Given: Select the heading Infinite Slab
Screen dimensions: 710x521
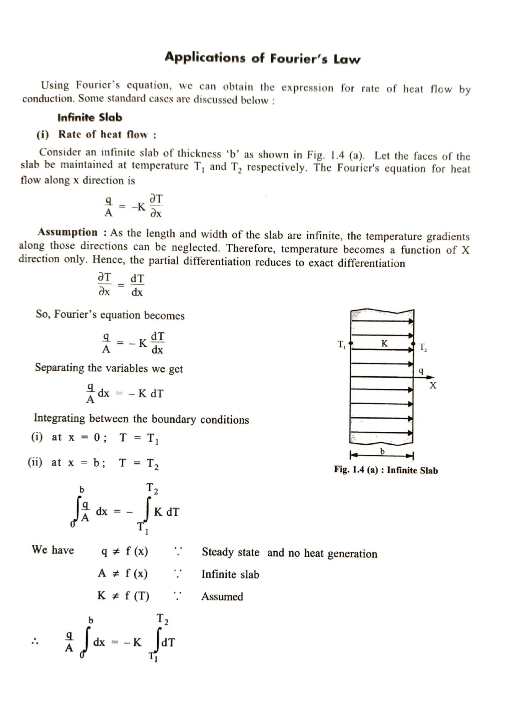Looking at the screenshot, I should (89, 118).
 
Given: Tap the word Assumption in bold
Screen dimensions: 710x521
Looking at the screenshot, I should (67, 232).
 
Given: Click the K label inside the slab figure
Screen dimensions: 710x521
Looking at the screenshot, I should (384, 343).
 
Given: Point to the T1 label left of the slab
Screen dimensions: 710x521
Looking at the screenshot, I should (341, 344).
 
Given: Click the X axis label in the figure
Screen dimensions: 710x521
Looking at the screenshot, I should (433, 386).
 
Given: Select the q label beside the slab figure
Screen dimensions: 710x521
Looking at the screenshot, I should (421, 371).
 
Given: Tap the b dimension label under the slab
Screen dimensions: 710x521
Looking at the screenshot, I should (382, 451).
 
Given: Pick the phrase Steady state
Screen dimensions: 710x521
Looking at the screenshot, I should (230, 552).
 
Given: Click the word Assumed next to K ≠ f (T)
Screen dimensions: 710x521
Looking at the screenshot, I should (222, 596).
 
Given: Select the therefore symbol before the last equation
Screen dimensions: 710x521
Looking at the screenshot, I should (34, 641).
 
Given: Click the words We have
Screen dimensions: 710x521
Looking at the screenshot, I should (53, 550).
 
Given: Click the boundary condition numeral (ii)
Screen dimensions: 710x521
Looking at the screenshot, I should (35, 462).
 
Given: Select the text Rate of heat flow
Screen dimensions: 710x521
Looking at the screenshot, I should (103, 135).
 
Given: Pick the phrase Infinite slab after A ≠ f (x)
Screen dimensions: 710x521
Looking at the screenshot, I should (230, 574).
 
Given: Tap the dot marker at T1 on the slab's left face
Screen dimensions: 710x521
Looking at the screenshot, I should (351, 343).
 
